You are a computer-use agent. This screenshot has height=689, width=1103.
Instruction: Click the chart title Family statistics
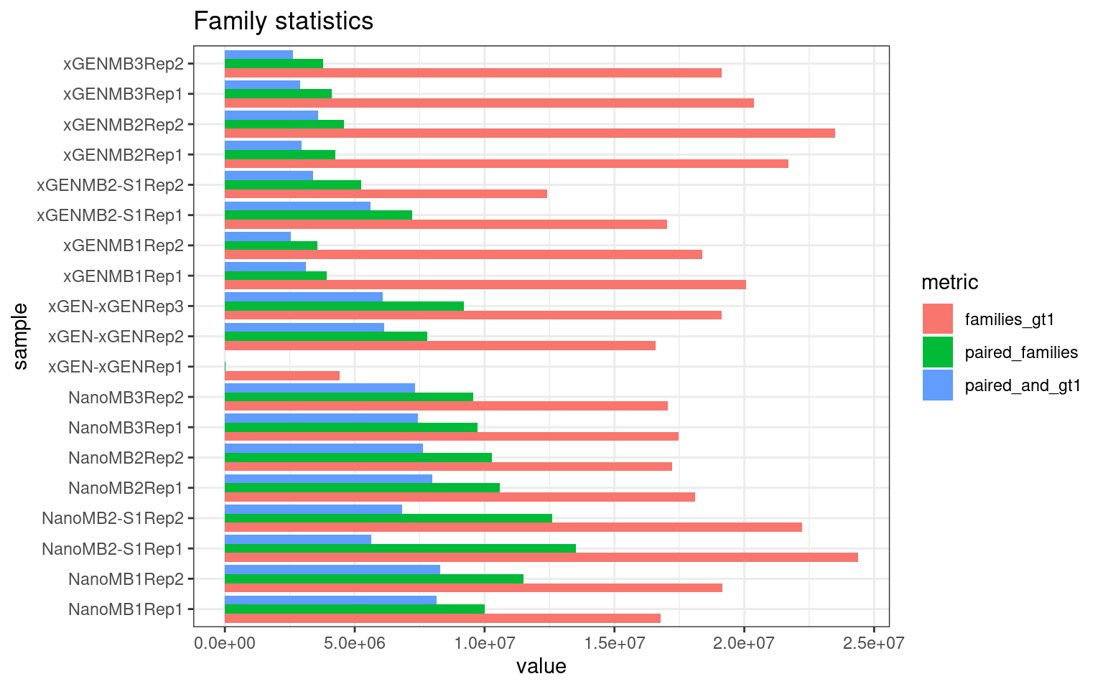283,21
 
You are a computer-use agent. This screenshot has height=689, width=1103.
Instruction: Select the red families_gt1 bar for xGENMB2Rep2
529,133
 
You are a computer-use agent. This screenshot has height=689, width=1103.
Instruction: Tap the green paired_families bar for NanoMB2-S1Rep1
400,548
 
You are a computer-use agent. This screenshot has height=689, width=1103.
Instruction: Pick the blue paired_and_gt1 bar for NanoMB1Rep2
332,569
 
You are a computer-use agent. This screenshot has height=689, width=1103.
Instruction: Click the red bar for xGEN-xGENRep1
281,375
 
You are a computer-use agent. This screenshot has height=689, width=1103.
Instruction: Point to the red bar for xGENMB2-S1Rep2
386,194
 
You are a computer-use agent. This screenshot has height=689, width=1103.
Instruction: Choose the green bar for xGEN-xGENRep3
344,306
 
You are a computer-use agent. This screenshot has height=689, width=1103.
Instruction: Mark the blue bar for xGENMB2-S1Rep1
297,206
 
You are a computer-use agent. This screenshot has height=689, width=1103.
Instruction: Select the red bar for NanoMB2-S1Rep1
541,558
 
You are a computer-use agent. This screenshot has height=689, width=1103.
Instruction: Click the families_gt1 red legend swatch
937,319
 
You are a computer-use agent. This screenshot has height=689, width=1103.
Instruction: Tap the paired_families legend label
1021,352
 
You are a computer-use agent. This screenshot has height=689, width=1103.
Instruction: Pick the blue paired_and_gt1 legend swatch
937,385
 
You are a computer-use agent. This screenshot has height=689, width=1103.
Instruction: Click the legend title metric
949,282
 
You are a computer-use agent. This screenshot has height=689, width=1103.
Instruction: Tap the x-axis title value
541,667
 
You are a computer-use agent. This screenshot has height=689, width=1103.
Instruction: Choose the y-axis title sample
21,336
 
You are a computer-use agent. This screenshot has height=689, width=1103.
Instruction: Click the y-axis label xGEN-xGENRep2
115,337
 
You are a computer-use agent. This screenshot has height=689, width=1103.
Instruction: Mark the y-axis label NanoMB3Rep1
126,428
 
